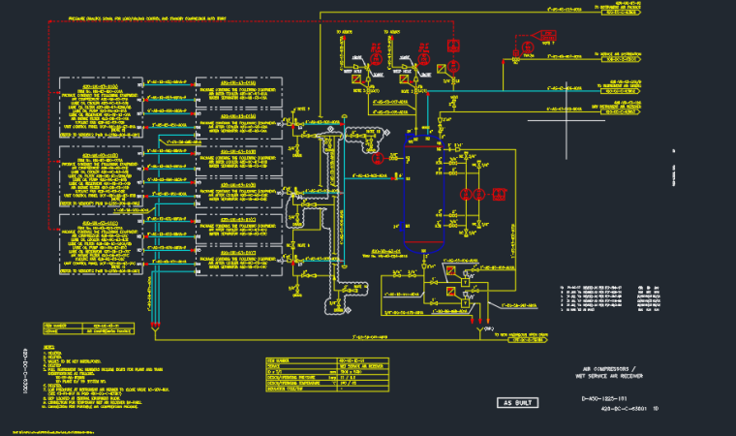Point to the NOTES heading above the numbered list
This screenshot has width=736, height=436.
click(x=49, y=346)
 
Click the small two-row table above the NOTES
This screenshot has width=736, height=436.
click(x=87, y=326)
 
